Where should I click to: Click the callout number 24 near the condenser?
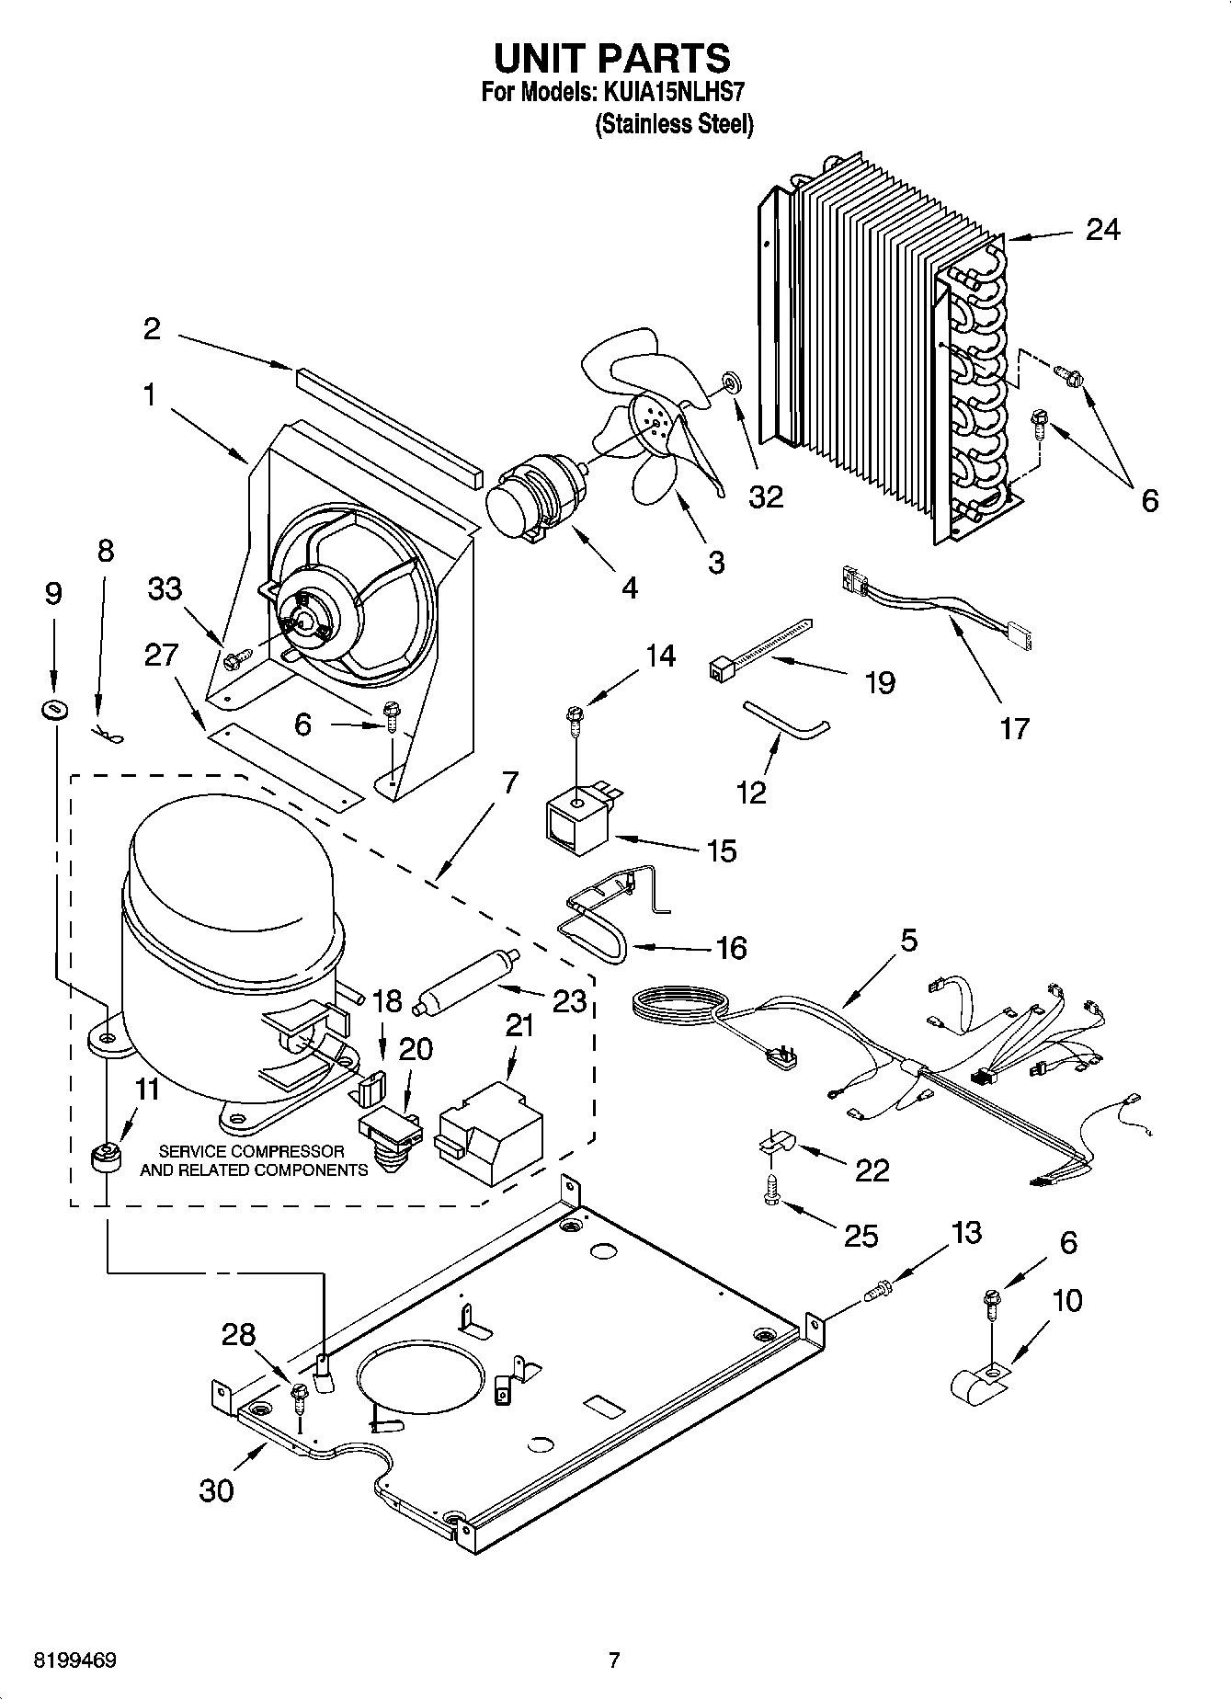[1102, 229]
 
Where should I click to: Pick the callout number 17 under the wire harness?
[1014, 728]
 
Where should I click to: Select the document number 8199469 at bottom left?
[74, 1660]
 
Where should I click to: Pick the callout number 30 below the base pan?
[217, 1489]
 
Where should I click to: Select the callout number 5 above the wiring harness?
[908, 941]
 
